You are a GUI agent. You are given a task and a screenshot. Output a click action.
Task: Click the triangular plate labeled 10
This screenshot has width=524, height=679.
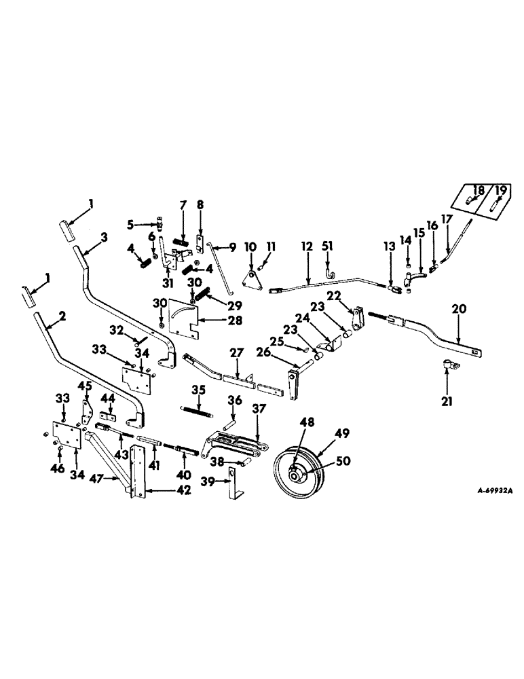click(252, 280)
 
